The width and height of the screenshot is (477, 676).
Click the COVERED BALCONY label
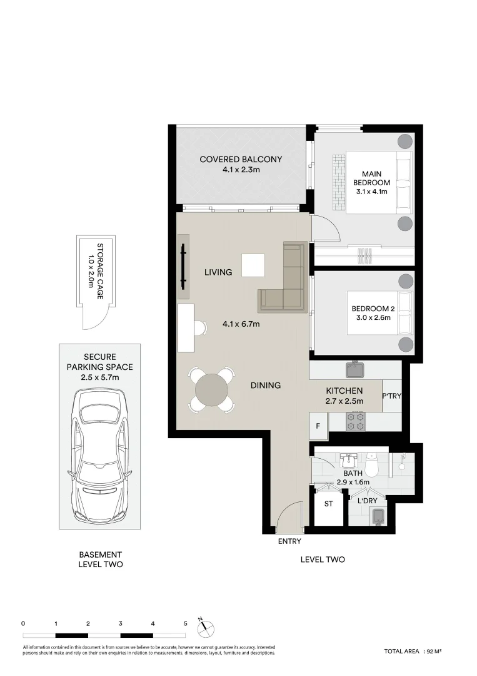pos(241,159)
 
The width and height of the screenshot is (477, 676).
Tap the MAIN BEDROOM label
pos(371,178)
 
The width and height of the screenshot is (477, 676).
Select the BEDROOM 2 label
pos(373,309)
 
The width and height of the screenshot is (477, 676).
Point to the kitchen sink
pos(355,369)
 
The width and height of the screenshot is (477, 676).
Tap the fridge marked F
pos(318,426)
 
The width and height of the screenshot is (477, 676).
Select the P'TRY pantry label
pos(391,396)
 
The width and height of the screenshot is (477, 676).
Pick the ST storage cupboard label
pos(328,503)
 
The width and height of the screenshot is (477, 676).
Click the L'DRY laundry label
pos(367,501)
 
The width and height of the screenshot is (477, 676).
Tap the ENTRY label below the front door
pos(289,541)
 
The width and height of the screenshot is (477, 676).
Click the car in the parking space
pos(99,455)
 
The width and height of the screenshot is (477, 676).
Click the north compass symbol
pos(205,627)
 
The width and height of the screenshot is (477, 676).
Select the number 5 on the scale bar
pos(186,623)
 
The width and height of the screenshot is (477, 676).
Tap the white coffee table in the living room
pos(253,265)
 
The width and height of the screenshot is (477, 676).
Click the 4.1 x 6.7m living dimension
pos(241,324)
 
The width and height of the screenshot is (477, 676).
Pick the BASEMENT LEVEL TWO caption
pos(100,560)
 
